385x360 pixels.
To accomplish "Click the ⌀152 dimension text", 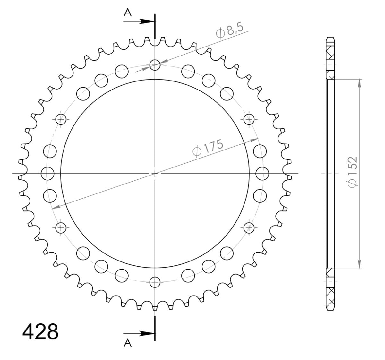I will tap(352, 172).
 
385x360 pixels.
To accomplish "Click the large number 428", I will tap(40, 332).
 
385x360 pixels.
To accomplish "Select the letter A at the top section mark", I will tap(128, 13).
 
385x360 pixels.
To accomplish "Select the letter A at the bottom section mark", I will tap(128, 343).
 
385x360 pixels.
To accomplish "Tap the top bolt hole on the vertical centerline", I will tap(155, 65).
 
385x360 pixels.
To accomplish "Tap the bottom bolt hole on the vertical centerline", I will tap(155, 282).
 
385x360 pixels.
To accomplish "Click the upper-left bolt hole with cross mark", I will tap(61, 119).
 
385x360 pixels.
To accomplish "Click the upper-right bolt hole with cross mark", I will tap(249, 119).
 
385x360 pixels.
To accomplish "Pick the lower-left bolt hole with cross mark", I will tap(61, 228).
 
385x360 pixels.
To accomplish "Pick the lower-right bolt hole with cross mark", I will tap(249, 228).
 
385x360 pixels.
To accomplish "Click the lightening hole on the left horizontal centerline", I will tap(47, 174).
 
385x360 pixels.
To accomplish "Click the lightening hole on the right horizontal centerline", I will tap(262, 174).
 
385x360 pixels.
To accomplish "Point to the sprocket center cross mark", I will tap(155, 174).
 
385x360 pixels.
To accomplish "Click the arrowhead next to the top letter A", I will tap(148, 21).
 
